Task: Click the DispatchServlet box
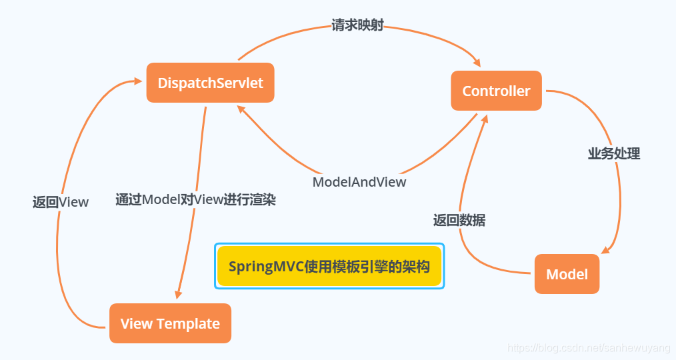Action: pos(210,83)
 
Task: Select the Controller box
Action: pos(496,91)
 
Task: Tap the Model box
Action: pos(567,274)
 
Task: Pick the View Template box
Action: pos(170,324)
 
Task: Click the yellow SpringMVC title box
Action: pos(329,266)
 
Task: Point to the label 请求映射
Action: pos(357,26)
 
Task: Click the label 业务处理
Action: pos(613,153)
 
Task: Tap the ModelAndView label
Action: pos(359,181)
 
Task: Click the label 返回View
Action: pos(60,202)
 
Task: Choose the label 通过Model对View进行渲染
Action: pos(195,199)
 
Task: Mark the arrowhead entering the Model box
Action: pos(605,250)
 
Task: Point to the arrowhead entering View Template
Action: pos(178,294)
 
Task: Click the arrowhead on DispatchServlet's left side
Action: pos(137,81)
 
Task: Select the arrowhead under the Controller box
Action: pos(485,118)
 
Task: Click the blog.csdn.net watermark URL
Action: pos(589,348)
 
